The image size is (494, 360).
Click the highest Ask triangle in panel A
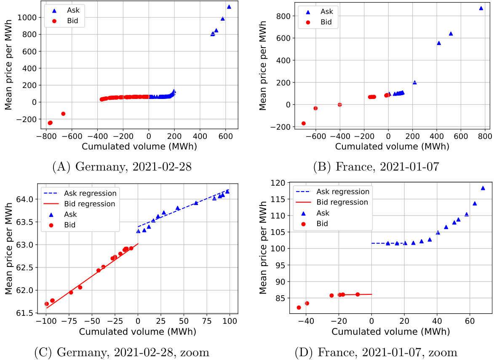pos(229,7)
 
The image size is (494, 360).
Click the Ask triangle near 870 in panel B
pos(481,8)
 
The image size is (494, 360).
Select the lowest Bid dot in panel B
pos(303,123)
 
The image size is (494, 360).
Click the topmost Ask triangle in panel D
pos(483,188)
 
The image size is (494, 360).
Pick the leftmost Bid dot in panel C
pos(46,304)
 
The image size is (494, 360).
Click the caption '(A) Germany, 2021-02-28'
pos(122,167)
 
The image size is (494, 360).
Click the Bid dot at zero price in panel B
pos(339,105)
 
